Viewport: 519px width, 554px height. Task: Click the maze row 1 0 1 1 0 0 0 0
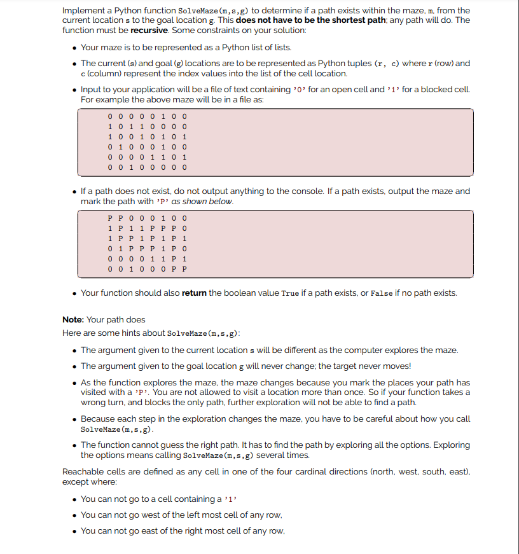pyautogui.click(x=147, y=126)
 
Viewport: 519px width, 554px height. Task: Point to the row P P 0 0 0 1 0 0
pyautogui.click(x=147, y=218)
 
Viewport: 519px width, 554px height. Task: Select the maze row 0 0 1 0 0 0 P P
pyautogui.click(x=147, y=269)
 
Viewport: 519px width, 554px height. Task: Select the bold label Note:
pyautogui.click(x=73, y=319)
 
